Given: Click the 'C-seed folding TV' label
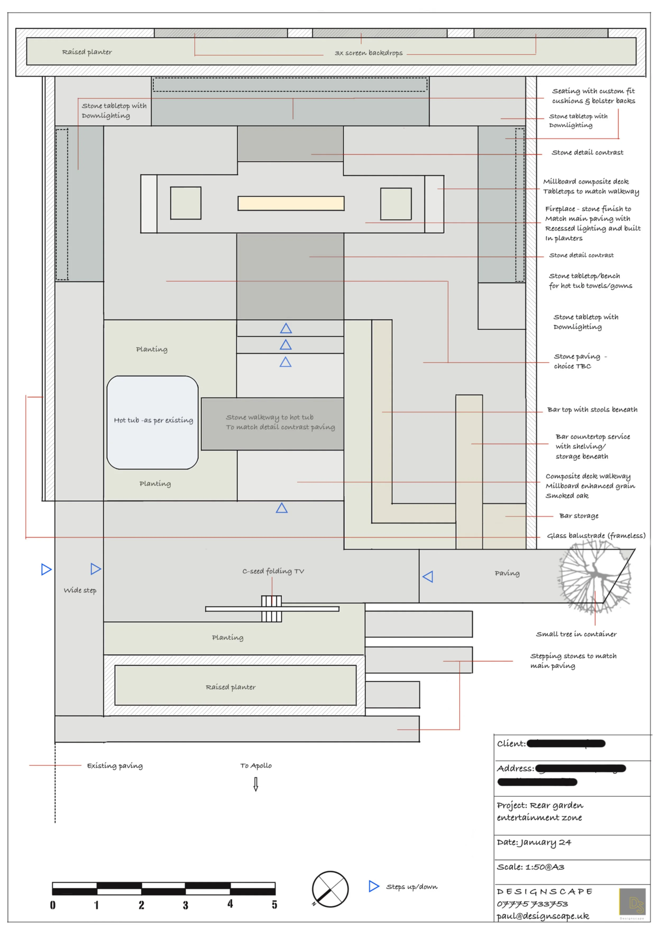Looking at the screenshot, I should [273, 571].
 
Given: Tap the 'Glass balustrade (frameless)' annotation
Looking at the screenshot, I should [596, 536].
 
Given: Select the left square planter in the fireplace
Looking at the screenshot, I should [186, 203].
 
